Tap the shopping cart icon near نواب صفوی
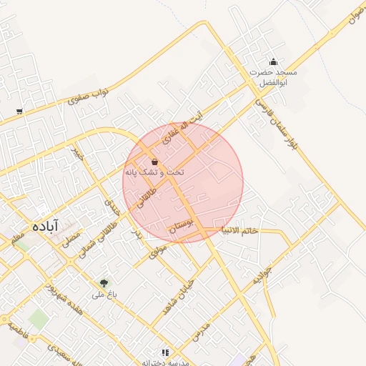tap(19, 111)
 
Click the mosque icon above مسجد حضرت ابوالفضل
tap(272, 61)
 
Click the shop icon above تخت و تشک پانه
tap(155, 162)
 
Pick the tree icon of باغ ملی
tap(104, 283)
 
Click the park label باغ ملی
tap(100, 295)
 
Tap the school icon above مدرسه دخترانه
tap(165, 352)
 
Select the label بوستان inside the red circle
tap(182, 227)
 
